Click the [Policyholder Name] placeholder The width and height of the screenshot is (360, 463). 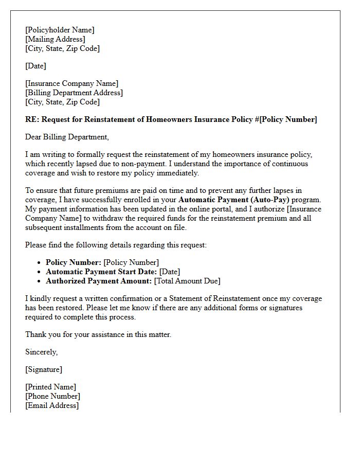(x=60, y=30)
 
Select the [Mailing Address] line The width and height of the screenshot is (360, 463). (x=55, y=39)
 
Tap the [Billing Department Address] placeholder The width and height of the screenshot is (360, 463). (x=74, y=93)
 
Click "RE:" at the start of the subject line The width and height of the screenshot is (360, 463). (x=32, y=119)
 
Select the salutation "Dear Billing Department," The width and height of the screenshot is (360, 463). (x=67, y=137)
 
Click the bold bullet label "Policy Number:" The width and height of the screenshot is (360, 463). (x=74, y=262)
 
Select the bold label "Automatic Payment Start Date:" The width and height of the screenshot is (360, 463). (x=101, y=272)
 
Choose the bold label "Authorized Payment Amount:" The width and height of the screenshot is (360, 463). (x=99, y=281)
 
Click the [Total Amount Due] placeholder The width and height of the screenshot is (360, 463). (x=187, y=281)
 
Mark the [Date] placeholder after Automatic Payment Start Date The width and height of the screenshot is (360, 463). (x=170, y=272)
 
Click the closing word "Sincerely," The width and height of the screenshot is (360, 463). (x=42, y=352)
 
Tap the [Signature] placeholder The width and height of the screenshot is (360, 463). (x=44, y=369)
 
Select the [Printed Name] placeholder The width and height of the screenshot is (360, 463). (x=50, y=387)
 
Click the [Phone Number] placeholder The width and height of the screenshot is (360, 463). (x=52, y=396)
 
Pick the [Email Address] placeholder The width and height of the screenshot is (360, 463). (x=52, y=405)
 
